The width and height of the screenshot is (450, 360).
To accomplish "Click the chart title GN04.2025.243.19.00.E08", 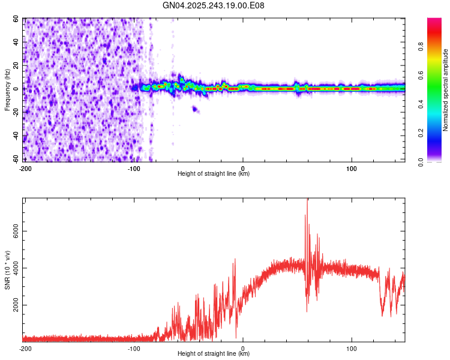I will pos(214,6).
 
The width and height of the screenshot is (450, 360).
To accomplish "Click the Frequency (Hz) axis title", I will pos(7,91).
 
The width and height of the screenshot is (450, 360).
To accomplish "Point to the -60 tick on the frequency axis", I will pos(17,159).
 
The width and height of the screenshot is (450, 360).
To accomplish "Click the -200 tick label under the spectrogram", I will pos(25,168).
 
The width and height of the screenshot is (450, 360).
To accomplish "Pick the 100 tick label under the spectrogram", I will pos(352,168).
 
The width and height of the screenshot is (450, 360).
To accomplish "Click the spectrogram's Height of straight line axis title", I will pos(214,174).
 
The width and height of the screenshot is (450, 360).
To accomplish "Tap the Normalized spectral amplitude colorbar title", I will pos(446,91).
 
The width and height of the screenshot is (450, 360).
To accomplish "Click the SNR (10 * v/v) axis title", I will pos(7,269).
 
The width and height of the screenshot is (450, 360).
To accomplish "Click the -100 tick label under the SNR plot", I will pos(134,348).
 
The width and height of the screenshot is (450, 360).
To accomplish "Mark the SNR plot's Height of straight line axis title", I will pos(214,354).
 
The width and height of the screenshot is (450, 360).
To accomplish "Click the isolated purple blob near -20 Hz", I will pos(194,109).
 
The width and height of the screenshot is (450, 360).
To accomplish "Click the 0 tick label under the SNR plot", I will pos(243,348).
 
